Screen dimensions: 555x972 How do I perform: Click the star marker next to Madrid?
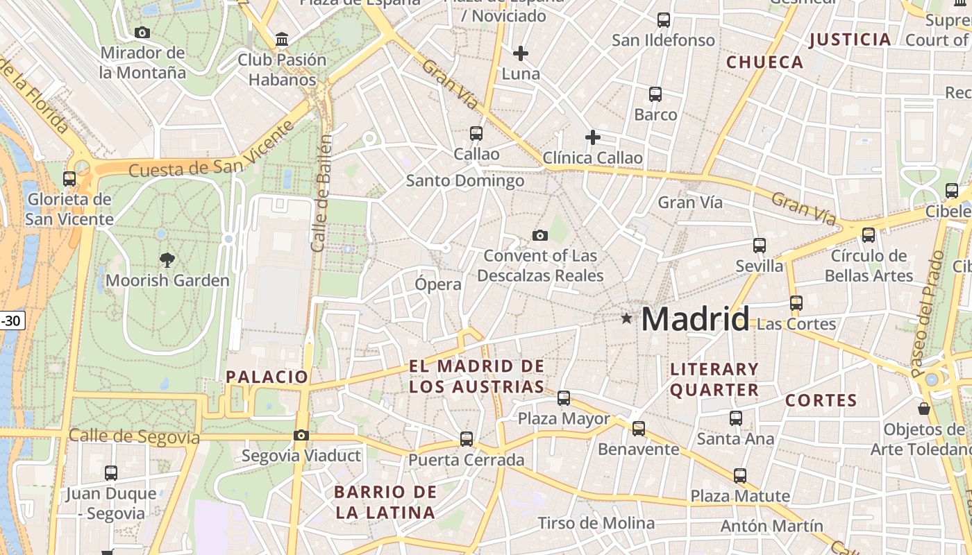[627, 318]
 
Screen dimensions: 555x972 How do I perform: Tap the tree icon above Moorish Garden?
[167, 260]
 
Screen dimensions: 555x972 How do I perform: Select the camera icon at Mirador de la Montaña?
[142, 33]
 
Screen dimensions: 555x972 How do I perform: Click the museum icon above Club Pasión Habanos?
[282, 39]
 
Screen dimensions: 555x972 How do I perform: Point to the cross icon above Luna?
[520, 53]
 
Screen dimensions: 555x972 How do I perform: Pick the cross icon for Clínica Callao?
[592, 137]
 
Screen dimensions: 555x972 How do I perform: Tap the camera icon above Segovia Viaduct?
[301, 435]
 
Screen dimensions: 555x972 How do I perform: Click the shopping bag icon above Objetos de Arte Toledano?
[923, 408]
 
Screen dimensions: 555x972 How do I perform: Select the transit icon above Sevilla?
[759, 246]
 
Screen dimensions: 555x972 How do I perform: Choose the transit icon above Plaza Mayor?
[564, 398]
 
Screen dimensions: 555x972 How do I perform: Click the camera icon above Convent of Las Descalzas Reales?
[539, 236]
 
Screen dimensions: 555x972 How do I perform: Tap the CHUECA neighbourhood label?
[764, 62]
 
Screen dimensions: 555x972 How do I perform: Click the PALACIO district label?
[267, 377]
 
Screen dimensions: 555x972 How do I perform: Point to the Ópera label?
[437, 284]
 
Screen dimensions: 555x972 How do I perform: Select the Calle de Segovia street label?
[134, 437]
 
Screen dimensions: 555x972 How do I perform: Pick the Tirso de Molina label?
[596, 523]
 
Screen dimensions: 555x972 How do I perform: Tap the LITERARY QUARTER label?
[714, 379]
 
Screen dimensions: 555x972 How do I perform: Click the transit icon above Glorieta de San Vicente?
[69, 179]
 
